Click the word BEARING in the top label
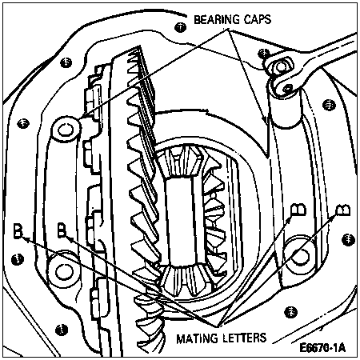(x=217, y=20)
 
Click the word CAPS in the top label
(x=258, y=19)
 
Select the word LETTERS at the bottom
(x=244, y=338)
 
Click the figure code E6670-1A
(x=322, y=348)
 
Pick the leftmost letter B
(x=18, y=230)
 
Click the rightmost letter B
(x=343, y=210)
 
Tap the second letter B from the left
(x=62, y=230)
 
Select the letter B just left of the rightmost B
(x=298, y=210)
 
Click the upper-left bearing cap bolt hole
(x=66, y=130)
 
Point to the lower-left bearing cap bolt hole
(x=64, y=271)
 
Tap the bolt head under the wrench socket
(x=281, y=66)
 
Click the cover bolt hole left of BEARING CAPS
(x=181, y=27)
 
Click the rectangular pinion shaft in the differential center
(x=182, y=222)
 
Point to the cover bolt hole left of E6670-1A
(x=290, y=312)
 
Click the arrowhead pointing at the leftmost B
(x=25, y=238)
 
